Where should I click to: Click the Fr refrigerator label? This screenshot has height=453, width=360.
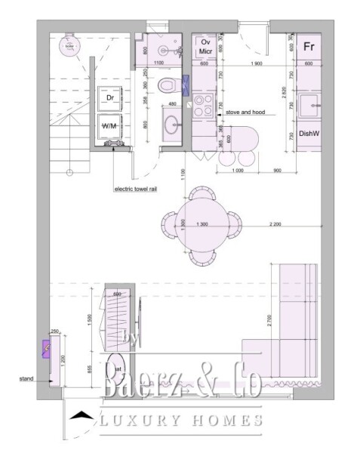(308, 46)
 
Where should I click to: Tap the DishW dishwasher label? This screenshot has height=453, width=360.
(308, 134)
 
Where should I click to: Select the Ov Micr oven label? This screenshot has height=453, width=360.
(205, 46)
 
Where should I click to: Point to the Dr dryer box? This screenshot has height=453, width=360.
(110, 99)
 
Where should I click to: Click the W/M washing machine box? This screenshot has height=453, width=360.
(110, 126)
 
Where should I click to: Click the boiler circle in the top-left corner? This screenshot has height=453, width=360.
(69, 46)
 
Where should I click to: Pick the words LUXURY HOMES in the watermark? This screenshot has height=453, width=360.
(181, 420)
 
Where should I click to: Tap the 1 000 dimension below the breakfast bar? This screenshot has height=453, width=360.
(233, 171)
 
